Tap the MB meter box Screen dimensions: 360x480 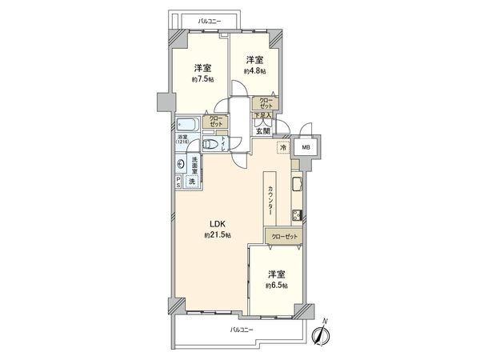[x=306, y=148]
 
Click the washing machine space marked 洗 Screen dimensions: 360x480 [x=192, y=182]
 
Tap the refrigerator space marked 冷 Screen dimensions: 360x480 [x=282, y=148]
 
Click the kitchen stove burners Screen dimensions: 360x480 [x=296, y=214]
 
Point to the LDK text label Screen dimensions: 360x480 [x=217, y=224]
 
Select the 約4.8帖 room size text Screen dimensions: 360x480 [x=255, y=71]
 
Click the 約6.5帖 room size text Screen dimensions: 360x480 [x=278, y=285]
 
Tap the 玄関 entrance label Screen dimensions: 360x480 [x=265, y=131]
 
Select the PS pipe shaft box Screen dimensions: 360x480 [x=179, y=182]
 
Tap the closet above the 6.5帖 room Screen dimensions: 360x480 [x=284, y=237]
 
